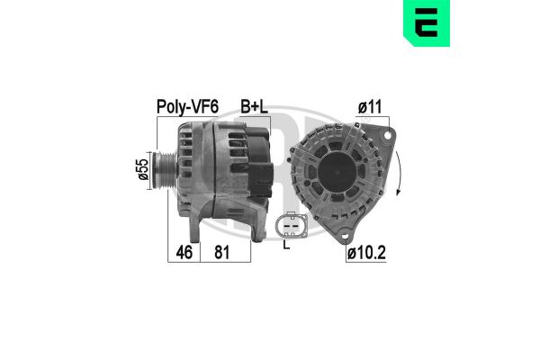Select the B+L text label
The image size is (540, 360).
255,106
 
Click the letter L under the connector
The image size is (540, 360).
287,244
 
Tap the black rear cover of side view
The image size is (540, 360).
257,162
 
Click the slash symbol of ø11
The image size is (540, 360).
360,106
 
